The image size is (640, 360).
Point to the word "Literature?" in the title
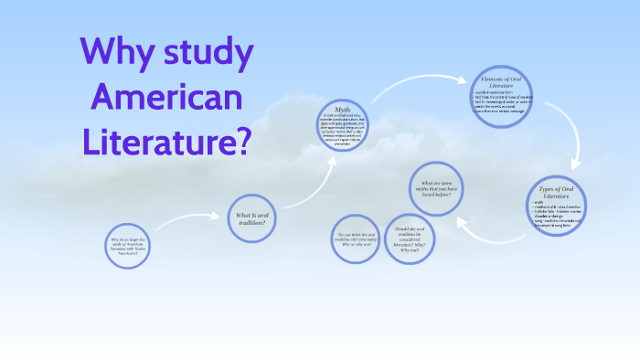[x=165, y=140]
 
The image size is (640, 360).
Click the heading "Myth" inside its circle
[x=342, y=109]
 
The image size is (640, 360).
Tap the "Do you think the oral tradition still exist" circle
[x=356, y=239]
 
